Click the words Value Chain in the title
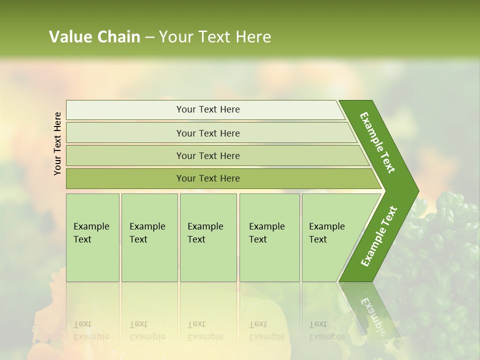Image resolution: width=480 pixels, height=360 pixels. pos(94,37)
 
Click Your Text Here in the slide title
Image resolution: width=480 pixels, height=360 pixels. pos(215,37)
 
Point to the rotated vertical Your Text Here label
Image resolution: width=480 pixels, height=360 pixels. pos(57,143)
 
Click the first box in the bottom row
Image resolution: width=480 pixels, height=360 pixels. pos(92,237)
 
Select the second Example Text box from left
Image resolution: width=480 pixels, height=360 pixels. pos(149,237)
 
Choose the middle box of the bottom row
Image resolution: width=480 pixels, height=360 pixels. pos(208,237)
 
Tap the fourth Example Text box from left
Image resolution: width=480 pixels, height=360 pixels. pos(269,237)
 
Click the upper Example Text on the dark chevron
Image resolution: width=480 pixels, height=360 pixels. pos(377,142)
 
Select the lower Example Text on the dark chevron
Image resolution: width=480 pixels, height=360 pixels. pos(379,236)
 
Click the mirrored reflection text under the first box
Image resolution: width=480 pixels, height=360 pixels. pos(91,330)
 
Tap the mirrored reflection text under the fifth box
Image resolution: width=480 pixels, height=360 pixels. pos(326,330)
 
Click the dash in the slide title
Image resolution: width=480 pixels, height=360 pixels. pos(149,37)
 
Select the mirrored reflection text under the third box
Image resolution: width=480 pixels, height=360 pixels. pos(205,330)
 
